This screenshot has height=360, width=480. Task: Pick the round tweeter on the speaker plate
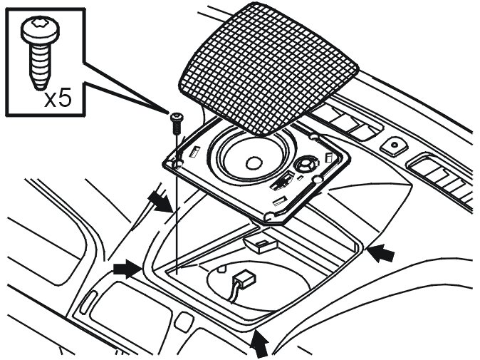(x=308, y=163)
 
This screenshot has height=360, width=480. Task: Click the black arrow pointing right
(x=126, y=268)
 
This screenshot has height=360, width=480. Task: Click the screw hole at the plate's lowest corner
(x=268, y=215)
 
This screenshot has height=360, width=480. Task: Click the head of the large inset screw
(x=34, y=31)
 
